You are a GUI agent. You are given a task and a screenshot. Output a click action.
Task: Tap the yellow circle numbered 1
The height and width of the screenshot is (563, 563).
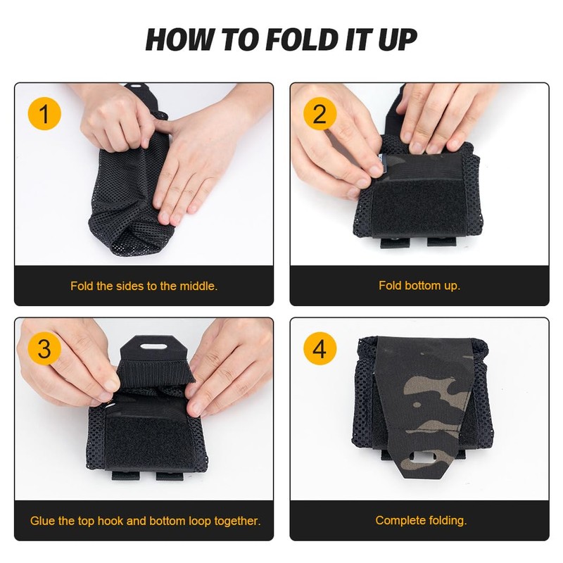44,114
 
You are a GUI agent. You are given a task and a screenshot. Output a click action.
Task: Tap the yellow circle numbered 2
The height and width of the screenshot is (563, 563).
320,114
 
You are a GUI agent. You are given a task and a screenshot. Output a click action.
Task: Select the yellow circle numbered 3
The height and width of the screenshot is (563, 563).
44,349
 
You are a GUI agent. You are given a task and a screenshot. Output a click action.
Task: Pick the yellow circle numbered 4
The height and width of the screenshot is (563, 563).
320,349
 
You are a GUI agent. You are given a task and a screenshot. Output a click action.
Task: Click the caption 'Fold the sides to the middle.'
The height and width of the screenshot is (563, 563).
144,286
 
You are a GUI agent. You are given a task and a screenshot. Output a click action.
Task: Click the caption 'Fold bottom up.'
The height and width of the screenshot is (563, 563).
419,286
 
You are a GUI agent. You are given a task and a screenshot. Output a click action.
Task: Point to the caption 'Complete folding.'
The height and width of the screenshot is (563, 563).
420,521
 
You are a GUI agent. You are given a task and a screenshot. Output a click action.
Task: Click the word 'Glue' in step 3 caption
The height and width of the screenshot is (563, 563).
42,521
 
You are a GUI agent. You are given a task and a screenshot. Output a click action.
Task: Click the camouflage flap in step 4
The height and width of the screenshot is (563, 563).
422,394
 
